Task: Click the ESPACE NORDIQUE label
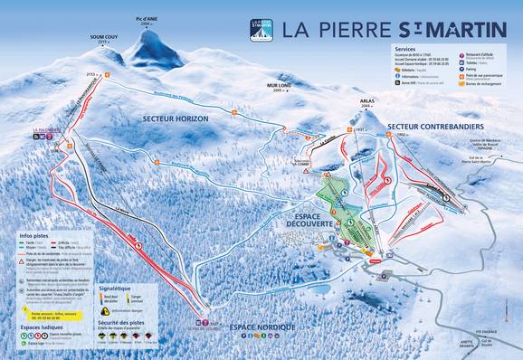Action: pyautogui.click(x=261, y=325)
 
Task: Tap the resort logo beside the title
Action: pyautogui.click(x=261, y=28)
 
